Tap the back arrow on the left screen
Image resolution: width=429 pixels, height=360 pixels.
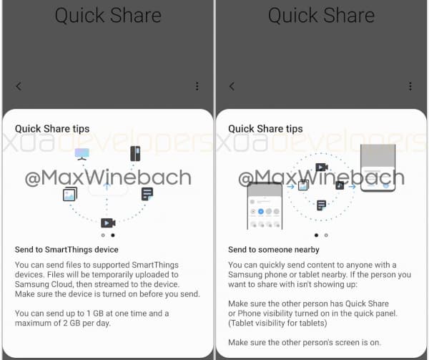pos(19,87)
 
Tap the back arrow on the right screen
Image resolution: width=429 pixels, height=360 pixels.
pos(232,87)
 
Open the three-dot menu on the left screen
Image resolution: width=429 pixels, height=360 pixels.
pos(197,86)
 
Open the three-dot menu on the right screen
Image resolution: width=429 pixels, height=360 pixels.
pos(410,86)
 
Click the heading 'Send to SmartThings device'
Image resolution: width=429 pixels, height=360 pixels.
pos(66,250)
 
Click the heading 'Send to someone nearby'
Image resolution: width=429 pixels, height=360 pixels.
pos(274,250)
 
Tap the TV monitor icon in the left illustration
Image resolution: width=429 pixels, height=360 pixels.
pos(82,154)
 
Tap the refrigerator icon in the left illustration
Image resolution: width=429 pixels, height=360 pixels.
pos(135,153)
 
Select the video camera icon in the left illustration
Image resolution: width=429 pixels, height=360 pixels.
pos(108,223)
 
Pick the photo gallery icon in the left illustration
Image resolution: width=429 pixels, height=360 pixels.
pos(70,194)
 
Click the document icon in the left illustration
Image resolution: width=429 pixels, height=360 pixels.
pos(147,193)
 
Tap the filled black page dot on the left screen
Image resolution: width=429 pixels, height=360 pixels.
pos(113,235)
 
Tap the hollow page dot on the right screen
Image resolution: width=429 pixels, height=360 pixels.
pos(326,235)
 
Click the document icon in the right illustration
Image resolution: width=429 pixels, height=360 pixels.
pos(321,205)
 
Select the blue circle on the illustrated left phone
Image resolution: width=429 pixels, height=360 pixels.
pos(261,211)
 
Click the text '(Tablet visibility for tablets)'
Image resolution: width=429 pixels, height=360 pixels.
pos(277,323)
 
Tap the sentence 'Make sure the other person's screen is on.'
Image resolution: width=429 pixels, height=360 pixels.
pos(305,343)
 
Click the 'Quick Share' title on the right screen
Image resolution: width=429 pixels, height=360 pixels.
pos(321,15)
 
